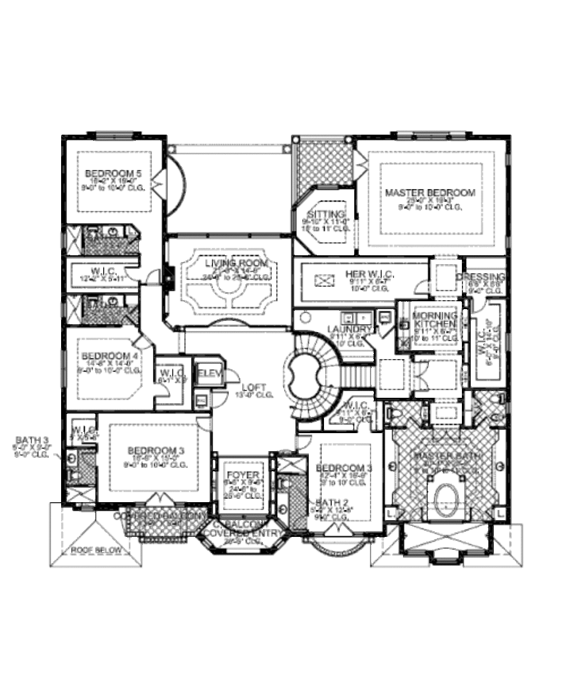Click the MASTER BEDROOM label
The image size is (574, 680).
point(430,192)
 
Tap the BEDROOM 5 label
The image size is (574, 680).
point(114,173)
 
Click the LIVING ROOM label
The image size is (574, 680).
point(236,263)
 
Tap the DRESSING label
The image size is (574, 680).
point(481,277)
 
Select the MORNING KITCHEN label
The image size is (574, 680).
point(434,320)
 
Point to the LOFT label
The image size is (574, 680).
point(253,387)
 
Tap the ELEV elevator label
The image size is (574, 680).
point(210,373)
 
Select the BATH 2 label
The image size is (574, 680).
point(325,502)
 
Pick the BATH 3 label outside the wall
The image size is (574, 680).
point(33,439)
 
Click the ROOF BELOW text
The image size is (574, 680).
point(96,550)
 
